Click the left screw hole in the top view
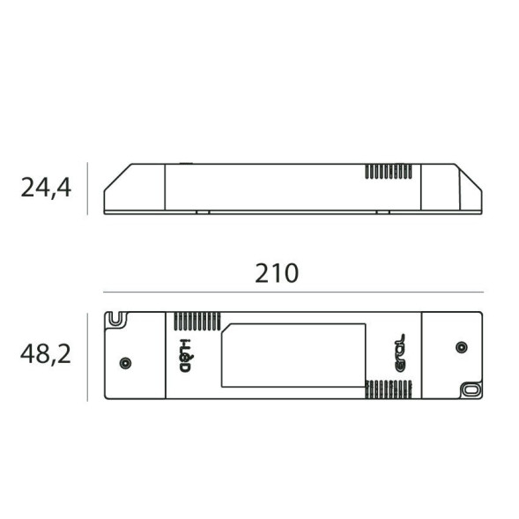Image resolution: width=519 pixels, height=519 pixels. pyautogui.click(x=125, y=362)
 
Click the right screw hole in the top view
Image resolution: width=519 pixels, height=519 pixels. pyautogui.click(x=460, y=347)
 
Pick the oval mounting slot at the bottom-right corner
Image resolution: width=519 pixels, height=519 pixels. pyautogui.click(x=471, y=388)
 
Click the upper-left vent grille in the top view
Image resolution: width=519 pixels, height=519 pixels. pyautogui.click(x=195, y=321)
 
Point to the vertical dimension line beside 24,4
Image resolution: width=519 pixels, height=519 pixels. pyautogui.click(x=87, y=188)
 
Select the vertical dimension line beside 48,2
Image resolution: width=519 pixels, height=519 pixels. pyautogui.click(x=87, y=356)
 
